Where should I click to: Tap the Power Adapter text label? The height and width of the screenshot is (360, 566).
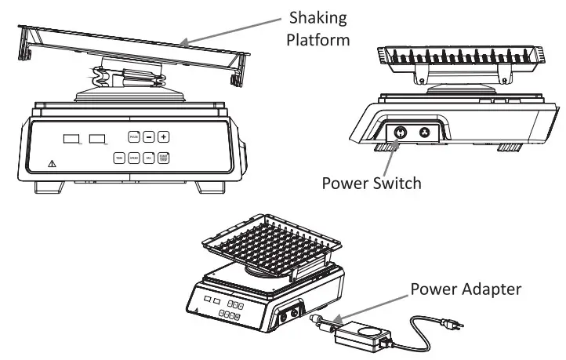466,289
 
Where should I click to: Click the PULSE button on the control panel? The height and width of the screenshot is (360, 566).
133,136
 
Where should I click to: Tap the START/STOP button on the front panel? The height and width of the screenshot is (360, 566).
165,158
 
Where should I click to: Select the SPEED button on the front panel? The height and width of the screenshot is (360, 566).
134,158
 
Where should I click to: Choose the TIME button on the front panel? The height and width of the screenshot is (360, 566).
119,158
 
